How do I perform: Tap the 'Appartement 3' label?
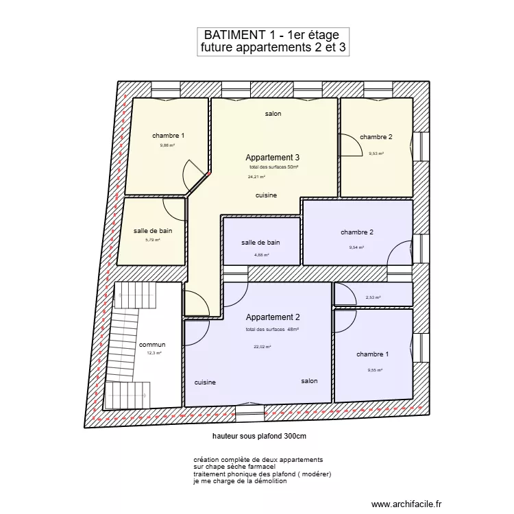coord(273,158)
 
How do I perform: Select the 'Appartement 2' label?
coord(273,317)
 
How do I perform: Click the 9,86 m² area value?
coord(167,145)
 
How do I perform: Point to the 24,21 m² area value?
coord(256,177)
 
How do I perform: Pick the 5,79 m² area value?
coord(152,240)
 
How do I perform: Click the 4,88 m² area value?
coord(261,255)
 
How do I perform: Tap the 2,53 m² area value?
coord(373,297)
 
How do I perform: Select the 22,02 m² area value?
coord(262,347)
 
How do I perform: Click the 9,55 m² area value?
coord(374,370)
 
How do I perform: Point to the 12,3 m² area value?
coord(154,353)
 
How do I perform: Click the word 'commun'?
coord(152,345)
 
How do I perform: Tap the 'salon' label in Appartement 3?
coord(273,114)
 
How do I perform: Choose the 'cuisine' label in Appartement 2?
coord(205,382)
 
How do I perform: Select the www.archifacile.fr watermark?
coord(406,503)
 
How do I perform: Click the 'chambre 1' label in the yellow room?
coord(168,136)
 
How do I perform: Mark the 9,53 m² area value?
coord(376,154)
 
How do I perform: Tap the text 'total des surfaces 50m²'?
coord(273,167)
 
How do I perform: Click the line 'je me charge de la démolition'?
coord(240,481)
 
